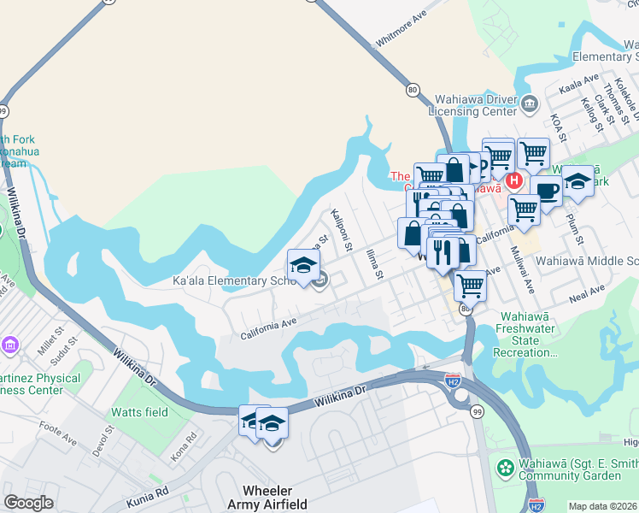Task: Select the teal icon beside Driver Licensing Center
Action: coord(530,105)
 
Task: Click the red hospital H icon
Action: coord(513,180)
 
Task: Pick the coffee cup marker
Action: coord(546,191)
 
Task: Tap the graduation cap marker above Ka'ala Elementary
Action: coord(303,265)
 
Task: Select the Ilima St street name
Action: coord(372,262)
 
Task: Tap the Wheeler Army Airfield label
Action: coord(268,498)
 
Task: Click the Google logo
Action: coord(29,503)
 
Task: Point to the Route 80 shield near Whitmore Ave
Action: coord(413,89)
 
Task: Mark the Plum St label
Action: coord(571,223)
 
